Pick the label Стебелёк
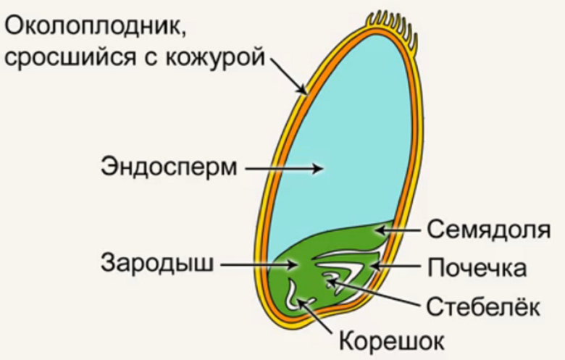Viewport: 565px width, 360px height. [x=481, y=304]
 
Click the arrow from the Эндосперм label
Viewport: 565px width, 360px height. [x=282, y=168]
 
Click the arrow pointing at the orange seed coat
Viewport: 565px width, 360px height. [x=290, y=78]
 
